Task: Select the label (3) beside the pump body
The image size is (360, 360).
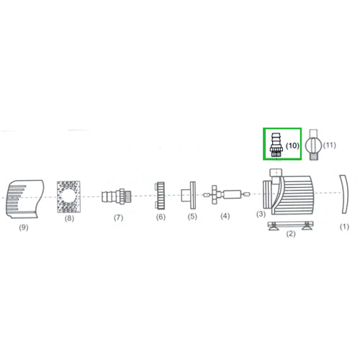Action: coord(261,215)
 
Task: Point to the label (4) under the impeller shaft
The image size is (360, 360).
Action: coord(225,216)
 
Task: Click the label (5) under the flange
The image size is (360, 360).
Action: coord(192,216)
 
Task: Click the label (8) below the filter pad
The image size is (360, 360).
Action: coord(69,216)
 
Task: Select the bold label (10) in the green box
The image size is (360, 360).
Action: coord(292,145)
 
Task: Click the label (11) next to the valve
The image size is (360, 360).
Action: coord(330,145)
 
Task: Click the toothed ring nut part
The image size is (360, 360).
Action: coord(160,194)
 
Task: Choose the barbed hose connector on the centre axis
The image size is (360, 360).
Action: coord(115,195)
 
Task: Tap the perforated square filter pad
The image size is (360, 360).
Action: coord(69,194)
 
